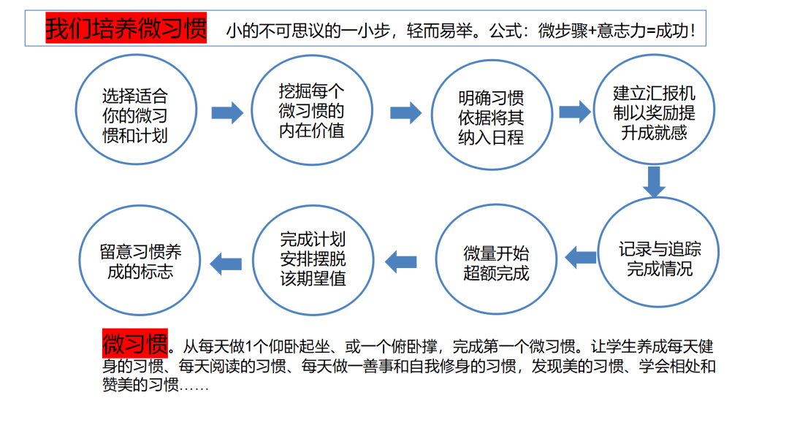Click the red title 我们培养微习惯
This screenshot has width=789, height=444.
pyautogui.click(x=126, y=28)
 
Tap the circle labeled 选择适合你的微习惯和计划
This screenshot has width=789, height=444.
pyautogui.click(x=77, y=110)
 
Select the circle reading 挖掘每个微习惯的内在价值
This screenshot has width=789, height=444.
pyautogui.click(x=252, y=110)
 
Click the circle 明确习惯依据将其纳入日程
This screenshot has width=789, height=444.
pyautogui.click(x=432, y=115)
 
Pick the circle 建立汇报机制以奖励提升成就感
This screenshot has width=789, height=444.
pyautogui.click(x=594, y=110)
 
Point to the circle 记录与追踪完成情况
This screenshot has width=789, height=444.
pyautogui.click(x=598, y=251)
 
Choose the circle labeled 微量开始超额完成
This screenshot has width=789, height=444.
pyautogui.click(x=436, y=259)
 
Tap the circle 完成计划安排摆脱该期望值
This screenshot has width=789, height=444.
pyautogui.click(x=253, y=260)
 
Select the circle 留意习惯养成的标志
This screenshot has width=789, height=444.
pyautogui.click(x=80, y=260)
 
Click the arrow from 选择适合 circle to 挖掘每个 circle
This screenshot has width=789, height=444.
pyautogui.click(x=227, y=112)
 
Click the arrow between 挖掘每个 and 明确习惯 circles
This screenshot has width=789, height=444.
pyautogui.click(x=405, y=112)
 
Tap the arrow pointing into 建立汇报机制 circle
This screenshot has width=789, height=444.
pyautogui.click(x=575, y=112)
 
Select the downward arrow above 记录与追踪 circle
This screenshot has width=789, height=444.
pyautogui.click(x=654, y=182)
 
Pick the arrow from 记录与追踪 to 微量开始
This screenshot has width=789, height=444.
pyautogui.click(x=581, y=258)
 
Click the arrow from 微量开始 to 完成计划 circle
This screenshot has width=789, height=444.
pyautogui.click(x=401, y=261)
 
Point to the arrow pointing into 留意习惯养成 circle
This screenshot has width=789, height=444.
pyautogui.click(x=226, y=264)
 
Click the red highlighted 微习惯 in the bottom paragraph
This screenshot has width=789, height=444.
pyautogui.click(x=135, y=343)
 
